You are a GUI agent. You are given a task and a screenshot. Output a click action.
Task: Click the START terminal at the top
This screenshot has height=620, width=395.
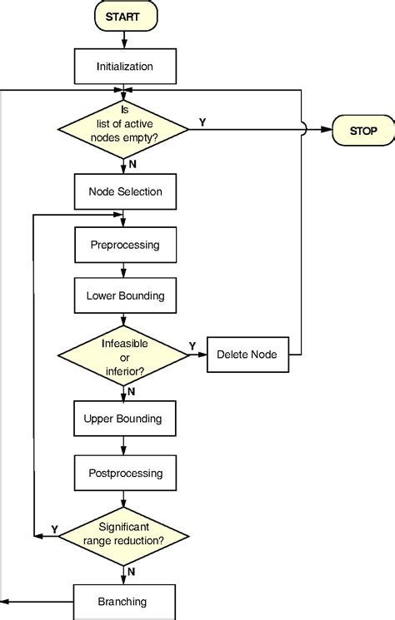point(124,16)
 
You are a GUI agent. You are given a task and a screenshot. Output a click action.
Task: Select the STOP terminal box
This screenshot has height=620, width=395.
point(362,130)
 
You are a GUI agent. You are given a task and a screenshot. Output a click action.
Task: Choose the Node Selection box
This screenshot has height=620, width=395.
point(124,191)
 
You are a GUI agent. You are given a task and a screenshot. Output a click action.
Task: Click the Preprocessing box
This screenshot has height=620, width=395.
point(124,246)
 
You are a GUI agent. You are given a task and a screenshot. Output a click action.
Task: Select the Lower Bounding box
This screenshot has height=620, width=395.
point(124,295)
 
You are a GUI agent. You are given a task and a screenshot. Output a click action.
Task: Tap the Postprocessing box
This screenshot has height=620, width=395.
point(124,473)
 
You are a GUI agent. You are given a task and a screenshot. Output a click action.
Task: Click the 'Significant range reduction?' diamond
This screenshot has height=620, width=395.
point(124,534)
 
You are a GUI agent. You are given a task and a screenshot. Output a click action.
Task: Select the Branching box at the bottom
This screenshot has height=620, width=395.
point(124,601)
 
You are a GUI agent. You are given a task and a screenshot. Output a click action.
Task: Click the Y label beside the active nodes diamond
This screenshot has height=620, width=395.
point(202,122)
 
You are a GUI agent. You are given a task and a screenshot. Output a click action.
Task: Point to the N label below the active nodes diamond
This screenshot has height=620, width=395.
point(133,165)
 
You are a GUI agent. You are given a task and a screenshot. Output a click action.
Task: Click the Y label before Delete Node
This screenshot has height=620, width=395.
point(192,345)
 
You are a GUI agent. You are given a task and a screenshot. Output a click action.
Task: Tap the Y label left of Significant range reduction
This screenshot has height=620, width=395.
point(55,528)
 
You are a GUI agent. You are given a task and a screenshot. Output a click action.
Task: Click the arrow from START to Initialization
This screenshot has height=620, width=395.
point(124,38)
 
